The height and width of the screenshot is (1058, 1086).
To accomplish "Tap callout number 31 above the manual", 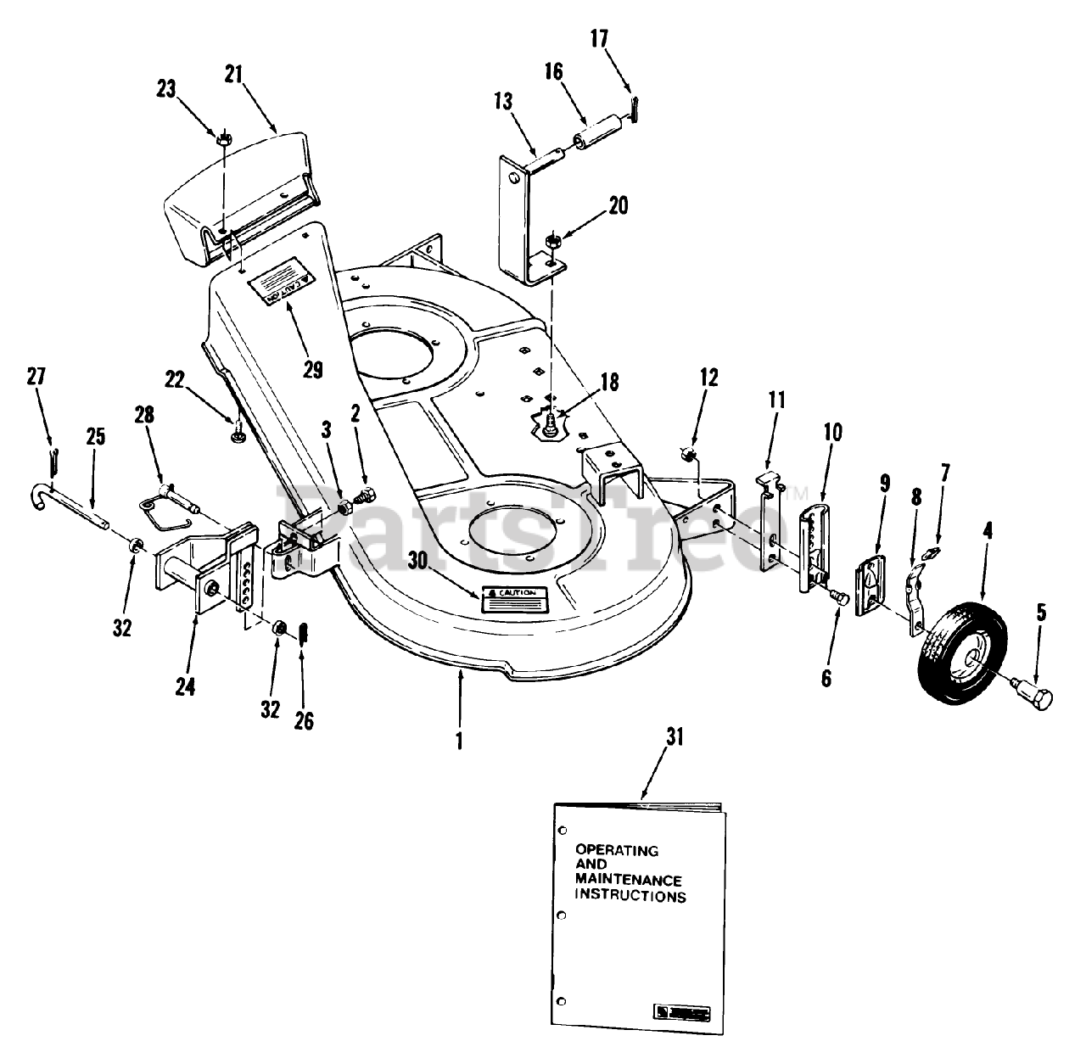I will [675, 737].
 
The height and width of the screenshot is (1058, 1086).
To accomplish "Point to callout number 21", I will [234, 75].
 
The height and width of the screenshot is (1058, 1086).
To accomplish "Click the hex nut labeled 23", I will [224, 139].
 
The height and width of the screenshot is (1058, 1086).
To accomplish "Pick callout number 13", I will [502, 103].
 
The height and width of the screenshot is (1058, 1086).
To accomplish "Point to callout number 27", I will [36, 376].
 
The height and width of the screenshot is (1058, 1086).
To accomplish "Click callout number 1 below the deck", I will [459, 739].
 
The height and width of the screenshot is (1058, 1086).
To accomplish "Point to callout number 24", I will [185, 686].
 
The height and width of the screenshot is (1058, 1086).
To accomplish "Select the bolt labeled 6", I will [839, 598].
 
